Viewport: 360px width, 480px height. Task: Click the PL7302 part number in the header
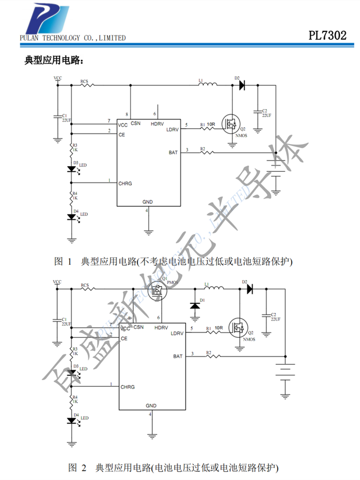tap(327, 35)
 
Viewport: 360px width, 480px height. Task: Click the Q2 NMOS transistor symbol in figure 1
tap(231, 125)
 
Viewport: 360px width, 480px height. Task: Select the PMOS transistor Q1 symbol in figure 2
tap(156, 289)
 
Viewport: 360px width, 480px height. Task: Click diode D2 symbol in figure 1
tap(241, 85)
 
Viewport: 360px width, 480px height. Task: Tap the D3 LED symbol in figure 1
tap(72, 168)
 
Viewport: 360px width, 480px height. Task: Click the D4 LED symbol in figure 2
tap(72, 420)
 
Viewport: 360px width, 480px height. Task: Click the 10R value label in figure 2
tap(219, 328)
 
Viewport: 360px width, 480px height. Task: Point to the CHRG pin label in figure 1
tap(125, 183)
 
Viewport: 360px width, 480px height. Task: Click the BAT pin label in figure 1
tap(173, 153)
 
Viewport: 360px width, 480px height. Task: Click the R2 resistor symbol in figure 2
tap(211, 356)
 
